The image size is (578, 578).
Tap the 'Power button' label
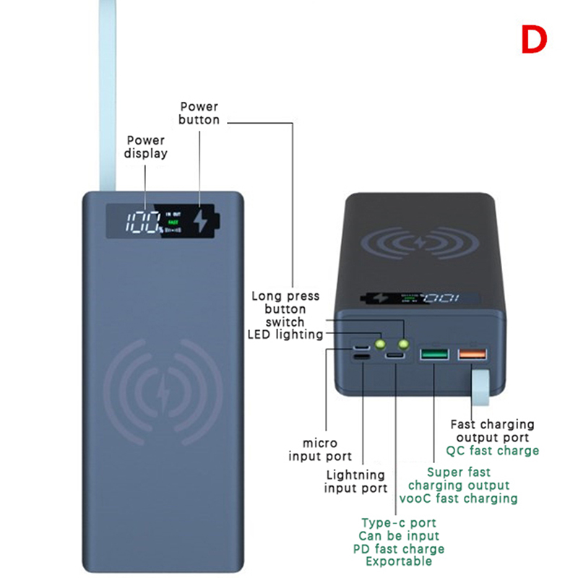pos(199,113)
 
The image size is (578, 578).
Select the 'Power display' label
pos(145,147)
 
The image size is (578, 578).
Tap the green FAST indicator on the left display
pos(173,223)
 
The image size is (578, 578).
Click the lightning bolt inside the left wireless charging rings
pos(161,390)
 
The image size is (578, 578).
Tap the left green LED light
pos(379,343)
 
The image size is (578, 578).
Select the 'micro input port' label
pos(320,449)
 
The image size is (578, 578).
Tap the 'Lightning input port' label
pos(356,482)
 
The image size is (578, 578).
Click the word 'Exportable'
pos(398,561)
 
